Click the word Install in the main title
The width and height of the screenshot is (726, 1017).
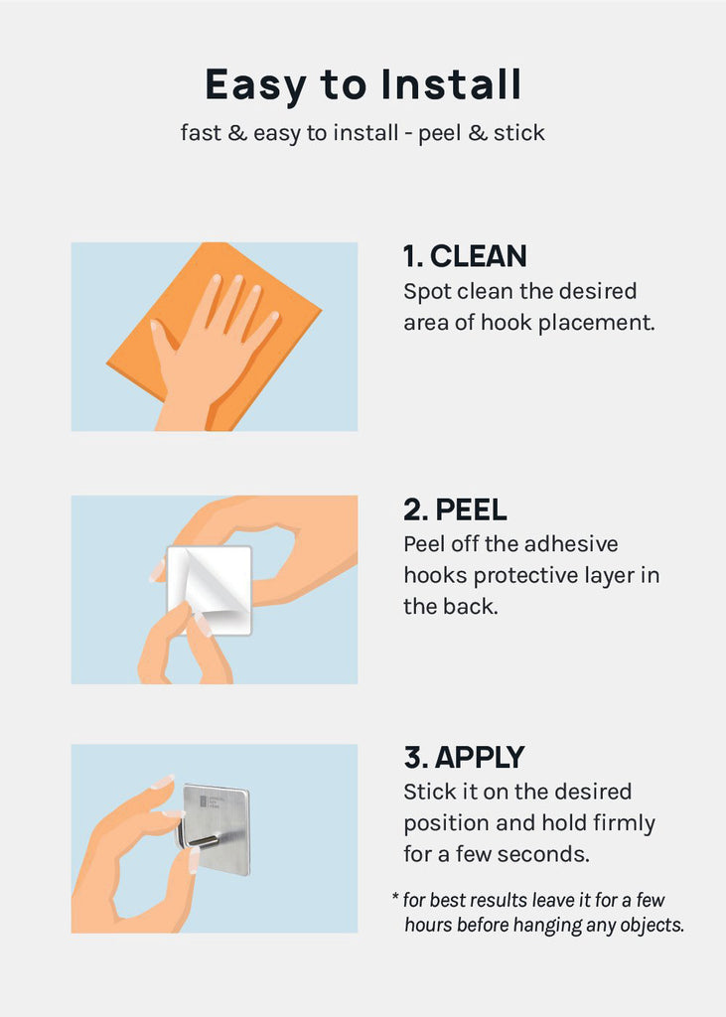[x=451, y=84]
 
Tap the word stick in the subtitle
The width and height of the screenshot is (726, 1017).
[x=519, y=133]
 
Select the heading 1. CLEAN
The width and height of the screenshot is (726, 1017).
[x=465, y=256]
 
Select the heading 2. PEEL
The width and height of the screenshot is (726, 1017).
[x=455, y=509]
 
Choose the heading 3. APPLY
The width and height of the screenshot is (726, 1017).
[x=464, y=758]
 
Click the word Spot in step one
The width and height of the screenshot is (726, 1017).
[x=427, y=293]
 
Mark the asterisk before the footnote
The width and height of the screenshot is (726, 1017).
[x=395, y=898]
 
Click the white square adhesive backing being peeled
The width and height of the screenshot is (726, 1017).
[x=209, y=589]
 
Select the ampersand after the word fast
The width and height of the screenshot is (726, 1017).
[x=237, y=133]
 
